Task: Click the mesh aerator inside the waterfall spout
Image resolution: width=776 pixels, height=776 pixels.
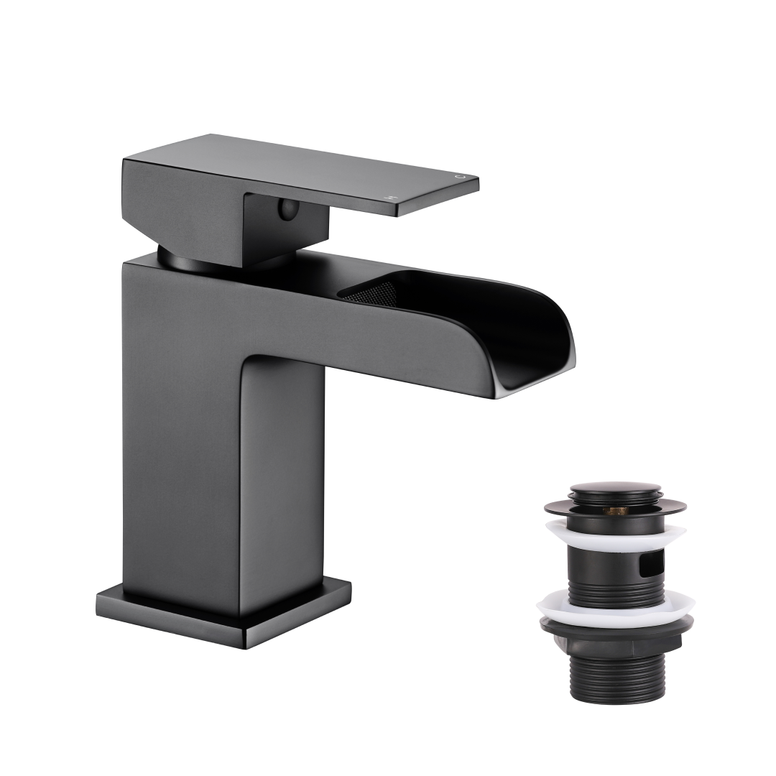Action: (x=370, y=293)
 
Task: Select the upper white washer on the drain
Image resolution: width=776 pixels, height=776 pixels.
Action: (x=615, y=534)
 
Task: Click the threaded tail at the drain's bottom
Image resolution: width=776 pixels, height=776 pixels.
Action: (x=615, y=675)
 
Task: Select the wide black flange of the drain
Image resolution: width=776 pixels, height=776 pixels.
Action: (x=615, y=507)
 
